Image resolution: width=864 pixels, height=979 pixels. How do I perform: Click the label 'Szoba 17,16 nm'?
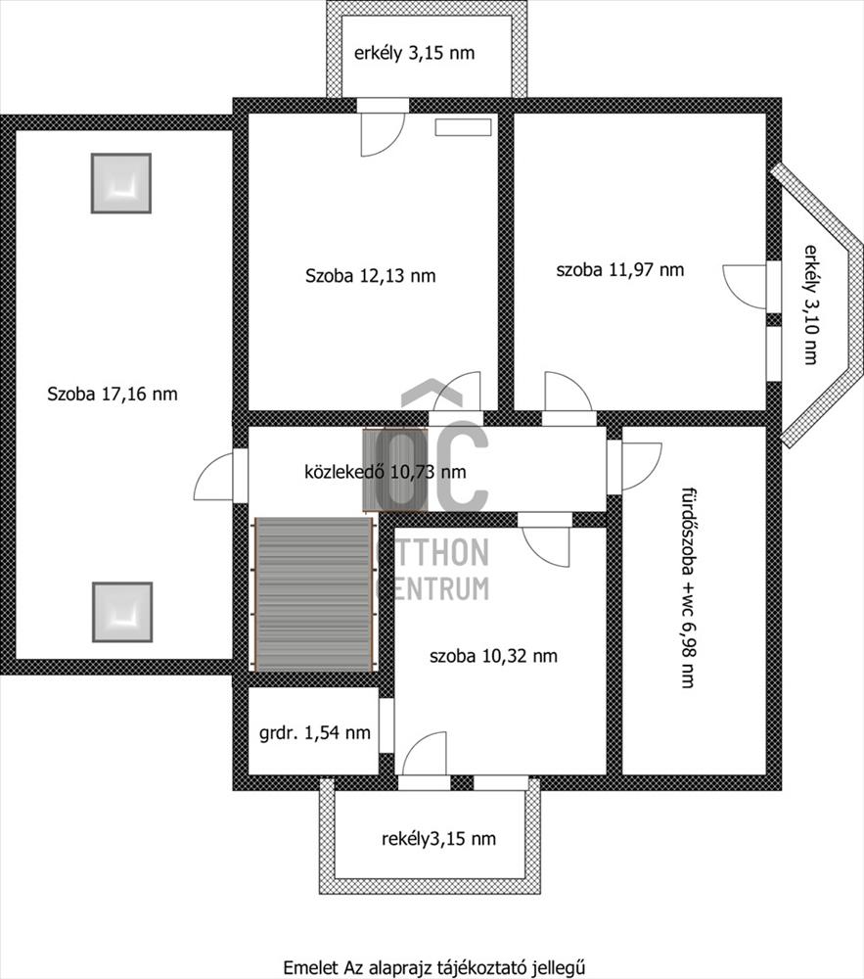pyautogui.click(x=113, y=394)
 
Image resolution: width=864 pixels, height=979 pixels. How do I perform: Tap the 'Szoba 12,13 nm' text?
pyautogui.click(x=371, y=275)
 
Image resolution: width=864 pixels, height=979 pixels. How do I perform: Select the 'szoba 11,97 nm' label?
pyautogui.click(x=620, y=270)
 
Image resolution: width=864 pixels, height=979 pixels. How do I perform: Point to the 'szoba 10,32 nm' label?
pyautogui.click(x=493, y=656)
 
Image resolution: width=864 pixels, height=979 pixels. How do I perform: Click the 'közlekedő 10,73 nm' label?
pyautogui.click(x=385, y=472)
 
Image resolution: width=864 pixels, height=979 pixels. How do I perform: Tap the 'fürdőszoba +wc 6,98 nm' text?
pyautogui.click(x=688, y=587)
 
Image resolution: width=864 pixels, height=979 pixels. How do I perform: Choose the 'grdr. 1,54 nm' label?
pyautogui.click(x=314, y=732)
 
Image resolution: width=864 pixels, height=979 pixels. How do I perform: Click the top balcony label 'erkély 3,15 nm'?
pyautogui.click(x=414, y=53)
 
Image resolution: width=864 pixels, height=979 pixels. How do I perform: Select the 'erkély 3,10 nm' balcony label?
pyautogui.click(x=810, y=304)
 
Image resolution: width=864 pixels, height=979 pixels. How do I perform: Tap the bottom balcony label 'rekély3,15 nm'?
pyautogui.click(x=438, y=839)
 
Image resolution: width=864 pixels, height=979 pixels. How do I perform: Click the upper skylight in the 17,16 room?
pyautogui.click(x=121, y=184)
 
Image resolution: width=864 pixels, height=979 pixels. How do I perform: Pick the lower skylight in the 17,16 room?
pyautogui.click(x=122, y=613)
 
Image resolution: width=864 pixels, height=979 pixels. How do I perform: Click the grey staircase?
pyautogui.click(x=314, y=594)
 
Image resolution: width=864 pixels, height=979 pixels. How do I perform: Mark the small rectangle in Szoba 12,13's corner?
pyautogui.click(x=463, y=127)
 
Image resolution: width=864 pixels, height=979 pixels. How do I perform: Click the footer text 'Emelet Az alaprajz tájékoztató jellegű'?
pyautogui.click(x=434, y=967)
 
